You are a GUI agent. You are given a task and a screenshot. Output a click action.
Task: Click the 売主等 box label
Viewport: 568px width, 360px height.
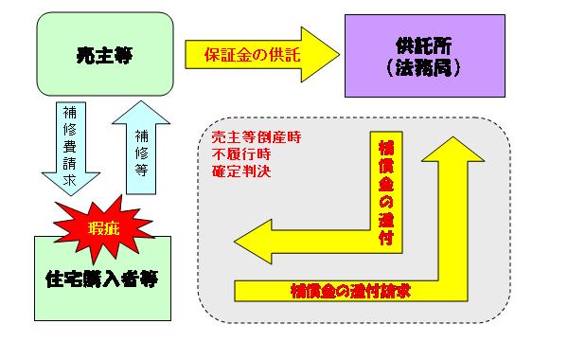[x=105, y=56]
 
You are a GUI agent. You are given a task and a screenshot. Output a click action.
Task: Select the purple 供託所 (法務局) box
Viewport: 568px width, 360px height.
[x=425, y=56]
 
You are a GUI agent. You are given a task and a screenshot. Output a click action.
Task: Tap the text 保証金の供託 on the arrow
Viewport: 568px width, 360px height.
[x=253, y=55]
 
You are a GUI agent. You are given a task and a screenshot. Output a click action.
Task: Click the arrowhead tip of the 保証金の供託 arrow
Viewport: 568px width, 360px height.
[x=340, y=55]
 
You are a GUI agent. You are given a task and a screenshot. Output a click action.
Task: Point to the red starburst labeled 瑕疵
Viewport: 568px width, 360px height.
[x=103, y=229]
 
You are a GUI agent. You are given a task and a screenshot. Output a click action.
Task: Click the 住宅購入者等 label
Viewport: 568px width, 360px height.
[x=102, y=279]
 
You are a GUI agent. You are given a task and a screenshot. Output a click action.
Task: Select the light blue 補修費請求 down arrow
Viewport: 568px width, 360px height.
[x=71, y=149]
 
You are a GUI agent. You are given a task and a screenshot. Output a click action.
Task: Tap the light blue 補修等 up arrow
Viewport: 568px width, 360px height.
[x=141, y=148]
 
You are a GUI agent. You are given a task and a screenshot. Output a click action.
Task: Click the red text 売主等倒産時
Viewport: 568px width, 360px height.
[x=257, y=137]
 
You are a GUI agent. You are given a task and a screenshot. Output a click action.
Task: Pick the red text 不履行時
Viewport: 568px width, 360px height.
[x=241, y=154]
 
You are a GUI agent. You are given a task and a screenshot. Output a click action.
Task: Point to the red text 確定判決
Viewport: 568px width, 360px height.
[x=241, y=171]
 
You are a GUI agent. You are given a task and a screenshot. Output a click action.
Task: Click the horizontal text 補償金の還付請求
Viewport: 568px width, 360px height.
[x=350, y=292]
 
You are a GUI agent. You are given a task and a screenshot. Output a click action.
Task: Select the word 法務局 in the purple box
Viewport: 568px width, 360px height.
[x=423, y=67]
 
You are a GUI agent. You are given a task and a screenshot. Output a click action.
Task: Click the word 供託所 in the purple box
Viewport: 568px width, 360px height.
[x=423, y=45]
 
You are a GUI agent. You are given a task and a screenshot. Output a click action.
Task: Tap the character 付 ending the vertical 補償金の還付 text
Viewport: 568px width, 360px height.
[x=386, y=238]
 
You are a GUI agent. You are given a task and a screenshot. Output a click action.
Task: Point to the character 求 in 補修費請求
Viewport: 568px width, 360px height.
[x=69, y=180]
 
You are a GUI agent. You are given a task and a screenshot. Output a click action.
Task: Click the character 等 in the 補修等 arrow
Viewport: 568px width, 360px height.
[x=142, y=170]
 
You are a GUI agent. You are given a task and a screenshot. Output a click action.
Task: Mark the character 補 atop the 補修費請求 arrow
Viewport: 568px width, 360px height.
[x=69, y=113]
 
